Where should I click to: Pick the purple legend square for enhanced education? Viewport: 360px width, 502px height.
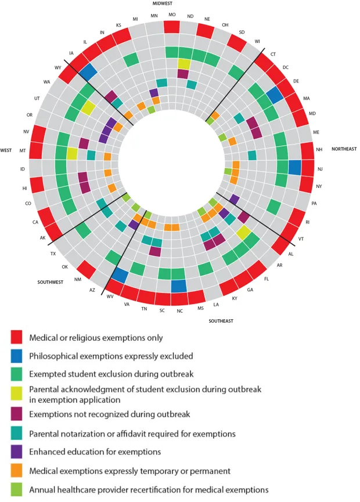point(16,451)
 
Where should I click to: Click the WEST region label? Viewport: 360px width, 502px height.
point(6,150)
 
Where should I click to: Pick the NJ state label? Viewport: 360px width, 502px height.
point(320,169)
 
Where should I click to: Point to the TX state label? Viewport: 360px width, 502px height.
point(53,254)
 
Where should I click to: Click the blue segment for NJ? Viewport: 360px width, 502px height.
point(294,167)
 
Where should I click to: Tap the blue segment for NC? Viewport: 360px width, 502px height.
point(179,286)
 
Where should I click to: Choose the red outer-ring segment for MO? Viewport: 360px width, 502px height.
point(171,27)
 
